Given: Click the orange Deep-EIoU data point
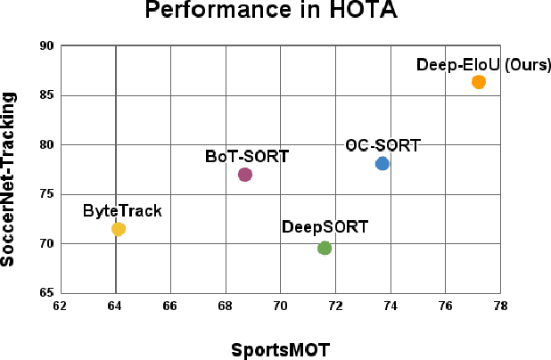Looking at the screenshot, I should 479,82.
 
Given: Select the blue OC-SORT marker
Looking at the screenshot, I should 382,163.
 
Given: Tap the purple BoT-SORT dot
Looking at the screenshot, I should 245,175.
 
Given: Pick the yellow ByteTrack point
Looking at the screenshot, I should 119,229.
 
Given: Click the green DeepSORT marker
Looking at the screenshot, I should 325,248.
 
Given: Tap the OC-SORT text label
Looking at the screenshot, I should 382,145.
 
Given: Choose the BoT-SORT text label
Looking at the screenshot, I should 247,156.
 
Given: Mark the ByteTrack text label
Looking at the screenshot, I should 122,211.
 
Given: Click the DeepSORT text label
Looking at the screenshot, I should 325,227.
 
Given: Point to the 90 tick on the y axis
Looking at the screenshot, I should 47,46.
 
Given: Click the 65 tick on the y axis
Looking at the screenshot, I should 47,292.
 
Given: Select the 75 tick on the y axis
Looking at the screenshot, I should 47,194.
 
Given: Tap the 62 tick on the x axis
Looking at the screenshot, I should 61,306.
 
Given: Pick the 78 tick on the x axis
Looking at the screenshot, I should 500,306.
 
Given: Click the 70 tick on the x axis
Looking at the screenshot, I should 280,306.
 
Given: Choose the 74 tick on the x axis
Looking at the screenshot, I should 390,306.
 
